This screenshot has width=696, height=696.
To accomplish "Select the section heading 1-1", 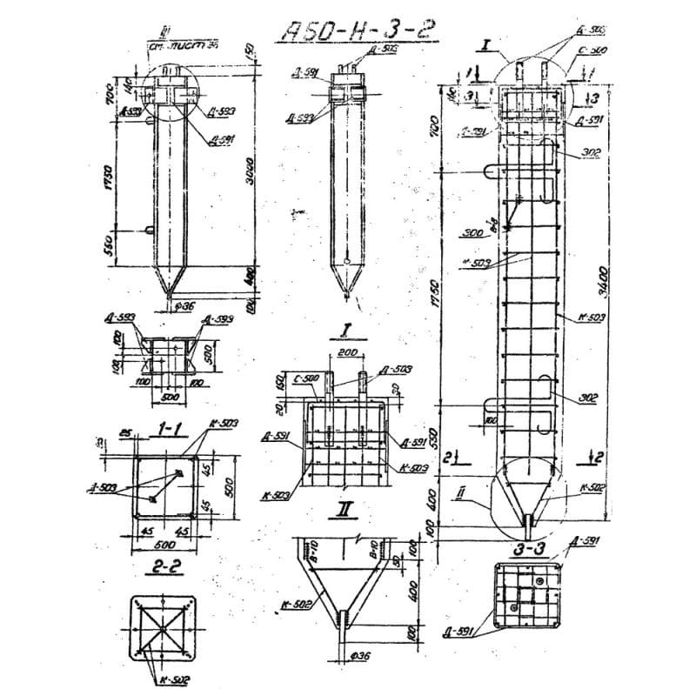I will tap(166, 428).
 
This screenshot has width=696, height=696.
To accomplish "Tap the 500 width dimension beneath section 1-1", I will tap(164, 545).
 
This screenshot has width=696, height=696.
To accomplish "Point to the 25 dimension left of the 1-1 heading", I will tap(125, 432).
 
